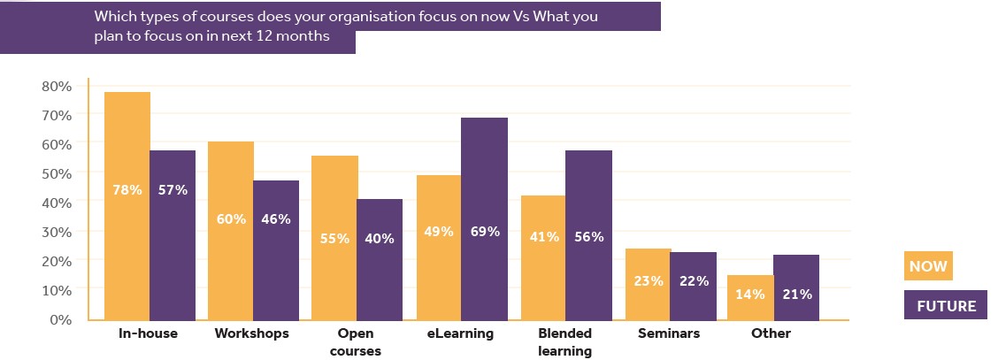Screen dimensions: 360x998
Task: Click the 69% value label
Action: (x=485, y=232)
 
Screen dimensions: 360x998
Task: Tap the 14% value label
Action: (x=750, y=294)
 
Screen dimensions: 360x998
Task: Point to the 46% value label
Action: (x=276, y=219)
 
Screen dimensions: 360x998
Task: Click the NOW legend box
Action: (x=927, y=266)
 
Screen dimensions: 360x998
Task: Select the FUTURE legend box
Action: (x=945, y=305)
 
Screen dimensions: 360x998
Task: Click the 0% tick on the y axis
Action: (x=60, y=319)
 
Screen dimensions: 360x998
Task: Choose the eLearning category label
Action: (x=462, y=333)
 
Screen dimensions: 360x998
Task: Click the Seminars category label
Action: (x=669, y=333)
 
